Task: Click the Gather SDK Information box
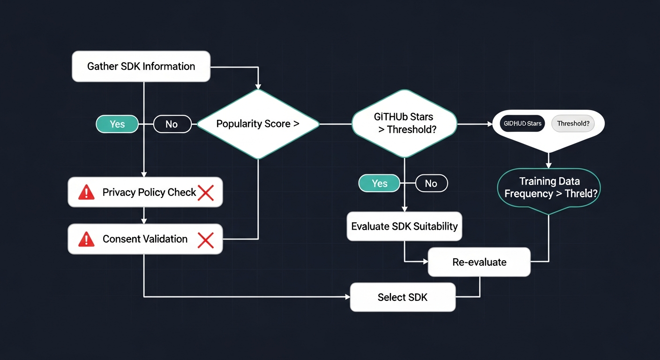click(x=141, y=67)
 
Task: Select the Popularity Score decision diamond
click(x=258, y=124)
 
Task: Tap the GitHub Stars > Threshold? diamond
click(x=404, y=124)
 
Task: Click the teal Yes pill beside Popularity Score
click(x=117, y=124)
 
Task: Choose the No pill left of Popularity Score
click(x=172, y=124)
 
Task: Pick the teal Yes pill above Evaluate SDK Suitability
click(x=379, y=183)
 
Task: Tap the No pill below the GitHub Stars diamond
click(x=431, y=183)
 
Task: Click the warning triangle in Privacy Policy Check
click(x=86, y=192)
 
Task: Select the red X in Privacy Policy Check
click(x=206, y=193)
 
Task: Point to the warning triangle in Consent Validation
click(x=86, y=239)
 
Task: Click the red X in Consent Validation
click(x=206, y=240)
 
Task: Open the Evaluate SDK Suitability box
click(x=404, y=226)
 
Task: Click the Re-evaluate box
click(x=479, y=262)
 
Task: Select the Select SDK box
click(x=403, y=297)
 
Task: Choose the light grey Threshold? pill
click(x=573, y=124)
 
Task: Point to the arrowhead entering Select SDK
click(x=347, y=297)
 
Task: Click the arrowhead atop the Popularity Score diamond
click(x=258, y=86)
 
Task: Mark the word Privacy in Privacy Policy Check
click(x=119, y=192)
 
